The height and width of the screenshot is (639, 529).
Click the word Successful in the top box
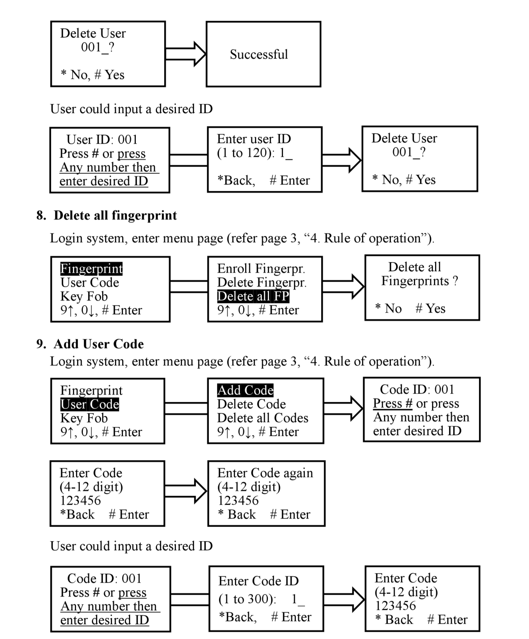[259, 54]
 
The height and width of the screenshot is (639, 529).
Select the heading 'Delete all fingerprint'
[115, 216]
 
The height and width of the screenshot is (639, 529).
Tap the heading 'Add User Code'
[99, 344]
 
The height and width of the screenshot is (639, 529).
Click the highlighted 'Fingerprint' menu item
[92, 269]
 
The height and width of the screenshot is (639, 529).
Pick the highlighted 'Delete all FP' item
[253, 296]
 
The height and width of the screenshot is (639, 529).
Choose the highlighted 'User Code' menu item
[90, 404]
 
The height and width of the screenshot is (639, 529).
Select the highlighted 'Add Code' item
[245, 390]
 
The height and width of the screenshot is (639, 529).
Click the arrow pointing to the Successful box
[185, 54]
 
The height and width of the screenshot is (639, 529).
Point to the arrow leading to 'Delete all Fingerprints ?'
[343, 286]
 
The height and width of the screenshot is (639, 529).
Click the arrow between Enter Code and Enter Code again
[186, 491]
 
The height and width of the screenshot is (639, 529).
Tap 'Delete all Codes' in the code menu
[263, 418]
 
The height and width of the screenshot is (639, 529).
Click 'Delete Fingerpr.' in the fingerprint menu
[262, 282]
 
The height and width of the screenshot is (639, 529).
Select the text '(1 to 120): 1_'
[255, 153]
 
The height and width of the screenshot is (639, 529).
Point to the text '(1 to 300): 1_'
[262, 599]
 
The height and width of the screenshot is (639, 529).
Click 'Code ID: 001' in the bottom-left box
[104, 579]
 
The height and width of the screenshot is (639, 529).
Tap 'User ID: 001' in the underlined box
[102, 140]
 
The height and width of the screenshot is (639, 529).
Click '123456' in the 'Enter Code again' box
[238, 501]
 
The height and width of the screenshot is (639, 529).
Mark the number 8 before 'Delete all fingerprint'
[41, 216]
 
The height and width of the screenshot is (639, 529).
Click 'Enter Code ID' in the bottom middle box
[258, 581]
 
